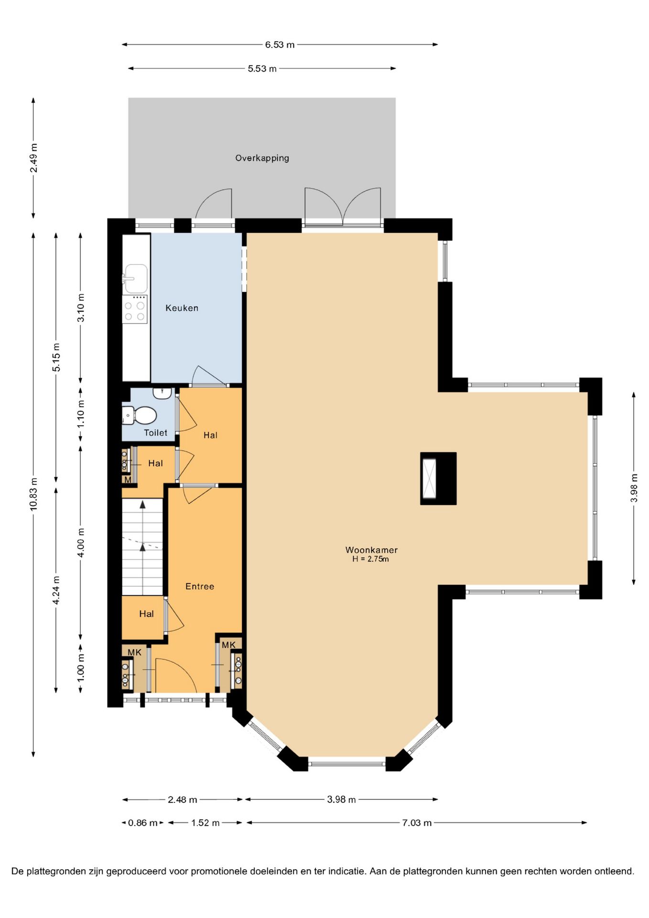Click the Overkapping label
coord(262,158)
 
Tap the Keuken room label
coord(182,308)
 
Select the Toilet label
coord(156,433)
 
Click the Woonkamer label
coord(371,550)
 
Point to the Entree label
coord(200,586)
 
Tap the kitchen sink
coord(136,278)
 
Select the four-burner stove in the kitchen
coord(135,309)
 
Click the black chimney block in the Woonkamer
coord(438,479)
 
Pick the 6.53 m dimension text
coord(280,45)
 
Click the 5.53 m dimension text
coord(262,69)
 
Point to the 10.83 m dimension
coord(33,494)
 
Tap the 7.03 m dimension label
coord(417,823)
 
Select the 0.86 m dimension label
coord(142,823)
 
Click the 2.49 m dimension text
coord(33,158)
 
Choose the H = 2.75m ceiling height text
coord(370,559)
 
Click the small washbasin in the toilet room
coord(162,393)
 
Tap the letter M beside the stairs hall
coord(128,480)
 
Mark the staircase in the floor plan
coord(142,547)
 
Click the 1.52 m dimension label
coord(206,823)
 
